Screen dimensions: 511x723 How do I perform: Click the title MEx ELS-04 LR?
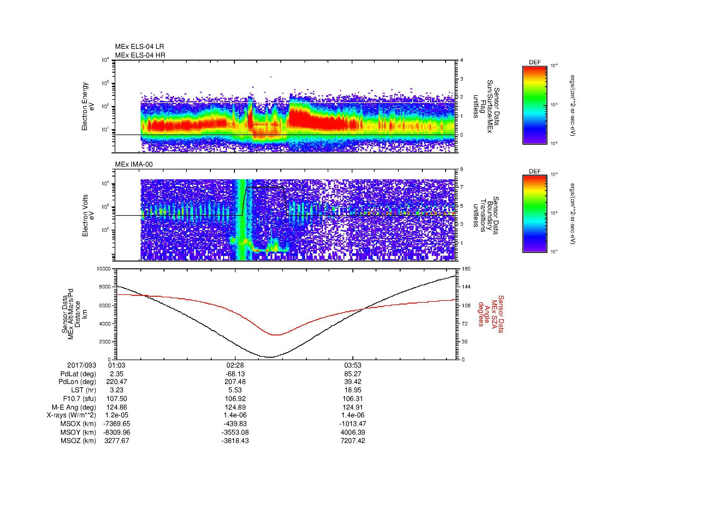tap(139, 47)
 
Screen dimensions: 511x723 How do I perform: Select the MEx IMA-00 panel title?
tap(134, 164)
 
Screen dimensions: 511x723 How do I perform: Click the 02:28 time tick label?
tap(235, 365)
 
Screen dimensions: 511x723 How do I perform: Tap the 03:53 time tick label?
tap(353, 365)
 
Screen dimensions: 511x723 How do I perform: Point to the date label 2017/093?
tap(82, 365)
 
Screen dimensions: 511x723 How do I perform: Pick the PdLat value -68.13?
tap(235, 374)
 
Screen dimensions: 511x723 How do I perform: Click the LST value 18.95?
tap(353, 390)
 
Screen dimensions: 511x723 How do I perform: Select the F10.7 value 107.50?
tap(117, 398)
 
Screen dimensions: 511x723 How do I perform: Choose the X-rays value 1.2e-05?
tap(117, 415)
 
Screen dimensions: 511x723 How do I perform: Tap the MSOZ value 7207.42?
tap(353, 441)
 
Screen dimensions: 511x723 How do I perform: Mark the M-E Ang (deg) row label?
tap(74, 407)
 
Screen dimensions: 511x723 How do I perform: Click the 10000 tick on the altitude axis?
tap(104, 269)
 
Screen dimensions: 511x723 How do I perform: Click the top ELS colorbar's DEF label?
tap(535, 62)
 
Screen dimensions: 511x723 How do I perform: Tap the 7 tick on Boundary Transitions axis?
tap(461, 187)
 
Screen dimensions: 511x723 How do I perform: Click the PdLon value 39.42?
tap(353, 382)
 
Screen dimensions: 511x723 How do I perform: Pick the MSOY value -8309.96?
tap(117, 432)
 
